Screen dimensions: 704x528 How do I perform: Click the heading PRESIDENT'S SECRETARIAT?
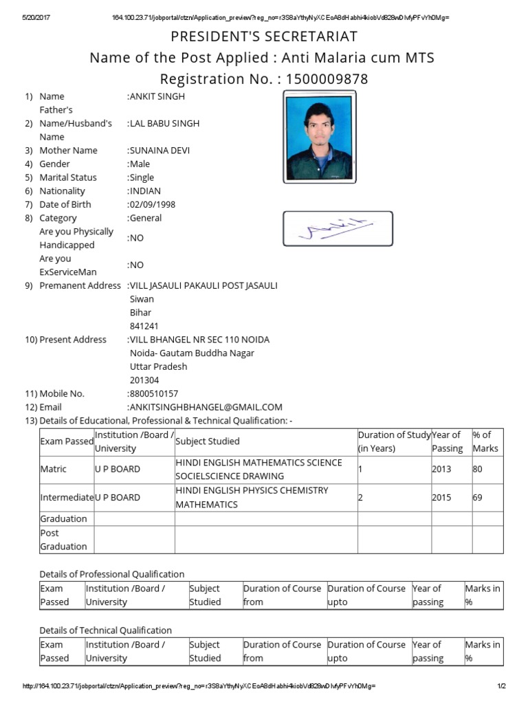(264, 36)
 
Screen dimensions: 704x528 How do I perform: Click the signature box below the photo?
(338, 229)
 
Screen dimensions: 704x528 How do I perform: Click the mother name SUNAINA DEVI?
(159, 151)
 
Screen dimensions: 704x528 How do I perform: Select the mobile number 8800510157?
(154, 394)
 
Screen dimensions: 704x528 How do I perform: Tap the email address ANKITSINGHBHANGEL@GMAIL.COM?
(206, 407)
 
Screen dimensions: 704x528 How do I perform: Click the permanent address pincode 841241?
(144, 326)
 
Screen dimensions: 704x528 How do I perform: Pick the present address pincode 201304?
(144, 380)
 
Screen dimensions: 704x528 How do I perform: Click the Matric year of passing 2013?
(441, 470)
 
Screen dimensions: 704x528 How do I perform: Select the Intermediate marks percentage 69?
(478, 497)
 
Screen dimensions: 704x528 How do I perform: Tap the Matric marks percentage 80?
(478, 470)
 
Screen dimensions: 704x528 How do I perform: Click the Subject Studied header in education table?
(208, 441)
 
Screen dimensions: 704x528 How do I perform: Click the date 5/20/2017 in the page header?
(38, 17)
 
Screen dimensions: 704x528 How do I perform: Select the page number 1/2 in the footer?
(501, 686)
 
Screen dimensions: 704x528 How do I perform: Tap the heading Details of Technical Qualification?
(105, 630)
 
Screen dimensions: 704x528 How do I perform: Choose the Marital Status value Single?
(142, 177)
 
